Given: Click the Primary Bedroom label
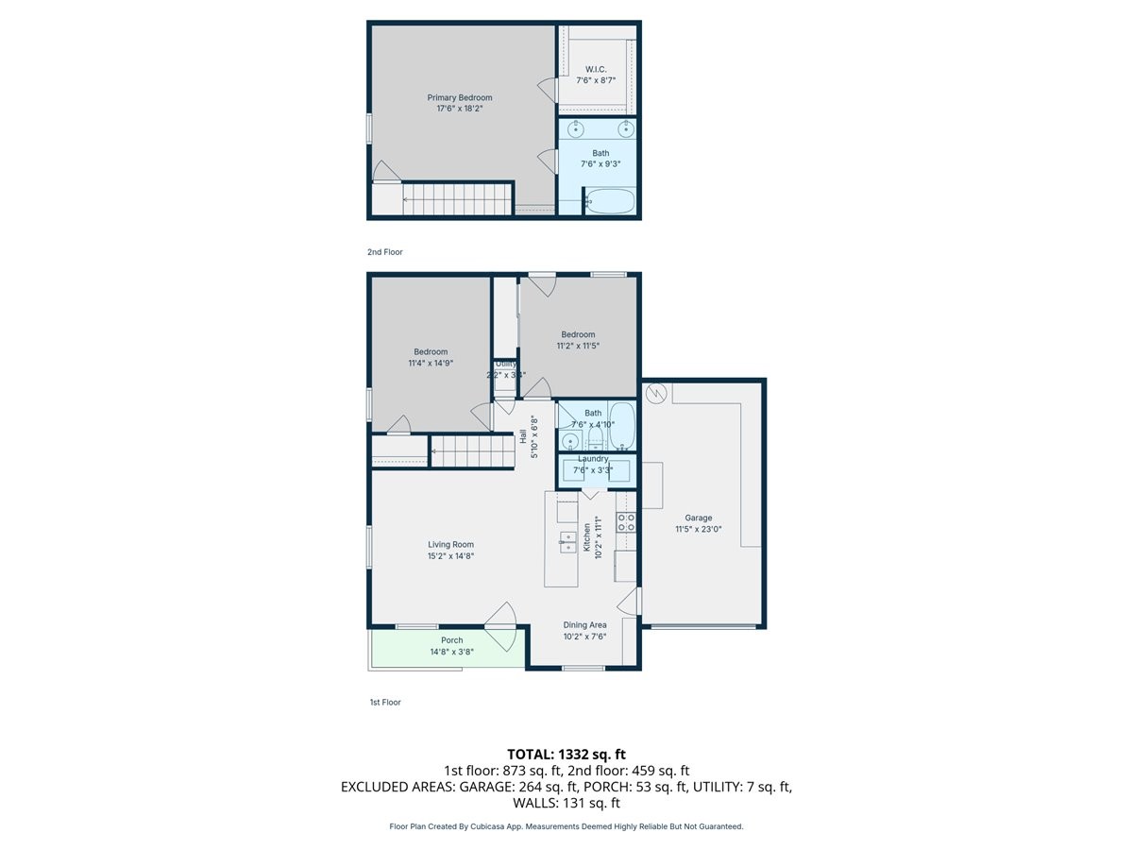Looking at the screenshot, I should click(x=460, y=97).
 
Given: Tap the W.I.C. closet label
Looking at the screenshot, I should click(x=596, y=69).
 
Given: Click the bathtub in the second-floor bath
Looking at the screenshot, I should click(x=610, y=201).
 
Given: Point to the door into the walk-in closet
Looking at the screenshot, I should click(x=548, y=91).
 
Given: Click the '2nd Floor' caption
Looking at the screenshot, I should click(x=384, y=252).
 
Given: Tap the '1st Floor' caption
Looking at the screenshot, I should click(x=384, y=703).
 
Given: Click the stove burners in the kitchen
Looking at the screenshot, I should click(x=626, y=522).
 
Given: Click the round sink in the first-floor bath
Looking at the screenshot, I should click(x=570, y=442).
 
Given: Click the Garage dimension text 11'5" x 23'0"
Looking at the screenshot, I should click(x=699, y=530).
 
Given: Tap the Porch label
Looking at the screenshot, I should click(x=452, y=640).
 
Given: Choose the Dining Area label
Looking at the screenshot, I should click(x=585, y=624).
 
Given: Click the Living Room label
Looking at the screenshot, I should click(x=450, y=544).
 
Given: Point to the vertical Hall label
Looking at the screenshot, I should click(x=523, y=437).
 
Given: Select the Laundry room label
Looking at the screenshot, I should click(x=593, y=459).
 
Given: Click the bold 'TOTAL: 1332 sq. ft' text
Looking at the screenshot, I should click(x=566, y=754).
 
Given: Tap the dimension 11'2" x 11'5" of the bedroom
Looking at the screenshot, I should click(x=578, y=346).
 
